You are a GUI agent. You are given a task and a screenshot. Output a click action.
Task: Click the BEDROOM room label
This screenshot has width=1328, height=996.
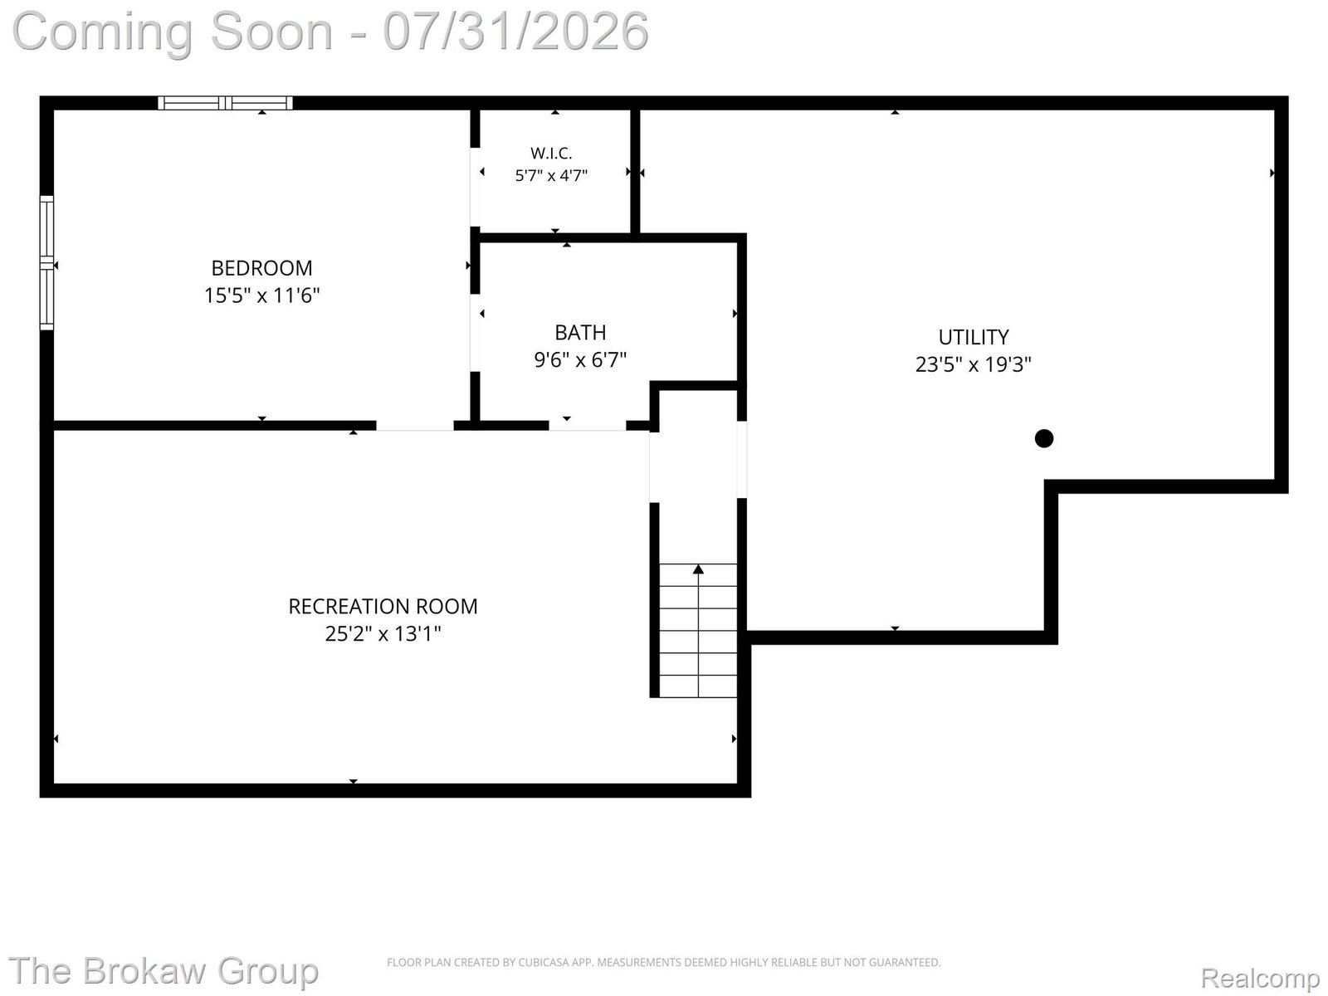click(x=261, y=268)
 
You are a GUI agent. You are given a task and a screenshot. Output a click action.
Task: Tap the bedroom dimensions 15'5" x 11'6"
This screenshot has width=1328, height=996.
click(x=261, y=295)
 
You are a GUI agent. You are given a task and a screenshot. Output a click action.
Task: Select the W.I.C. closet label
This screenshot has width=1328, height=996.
click(x=551, y=153)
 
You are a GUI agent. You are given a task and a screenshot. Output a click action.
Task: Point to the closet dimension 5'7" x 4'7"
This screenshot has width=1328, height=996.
click(x=551, y=175)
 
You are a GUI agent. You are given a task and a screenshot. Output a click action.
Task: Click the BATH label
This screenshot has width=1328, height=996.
click(x=580, y=333)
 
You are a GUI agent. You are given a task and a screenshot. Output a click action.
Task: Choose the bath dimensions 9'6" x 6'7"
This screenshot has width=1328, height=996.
click(x=580, y=360)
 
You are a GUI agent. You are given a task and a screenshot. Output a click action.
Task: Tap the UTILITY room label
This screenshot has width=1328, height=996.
click(x=974, y=337)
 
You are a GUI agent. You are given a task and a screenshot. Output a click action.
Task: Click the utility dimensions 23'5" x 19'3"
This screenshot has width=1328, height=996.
click(x=974, y=364)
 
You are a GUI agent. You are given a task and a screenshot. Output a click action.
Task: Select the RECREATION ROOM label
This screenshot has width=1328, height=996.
click(x=383, y=607)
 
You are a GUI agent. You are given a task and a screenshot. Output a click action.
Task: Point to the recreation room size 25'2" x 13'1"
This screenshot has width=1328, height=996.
click(x=383, y=634)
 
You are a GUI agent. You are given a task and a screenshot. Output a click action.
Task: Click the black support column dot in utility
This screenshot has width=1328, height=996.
click(x=1043, y=438)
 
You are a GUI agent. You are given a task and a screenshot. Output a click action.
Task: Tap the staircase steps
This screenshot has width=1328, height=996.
click(x=698, y=631)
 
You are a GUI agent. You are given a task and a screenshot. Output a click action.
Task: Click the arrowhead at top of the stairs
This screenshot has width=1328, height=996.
click(x=698, y=569)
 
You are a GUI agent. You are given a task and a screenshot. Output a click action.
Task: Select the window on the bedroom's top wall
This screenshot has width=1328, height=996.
click(x=225, y=104)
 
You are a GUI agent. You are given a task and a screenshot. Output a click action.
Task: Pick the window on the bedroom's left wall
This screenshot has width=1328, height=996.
click(x=46, y=263)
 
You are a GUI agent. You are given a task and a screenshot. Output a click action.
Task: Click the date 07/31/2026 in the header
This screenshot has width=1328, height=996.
click(x=515, y=32)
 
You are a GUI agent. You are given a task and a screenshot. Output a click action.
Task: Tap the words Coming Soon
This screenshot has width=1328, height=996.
click(x=173, y=32)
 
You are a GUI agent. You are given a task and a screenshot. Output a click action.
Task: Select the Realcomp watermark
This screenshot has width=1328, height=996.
click(x=1260, y=977)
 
